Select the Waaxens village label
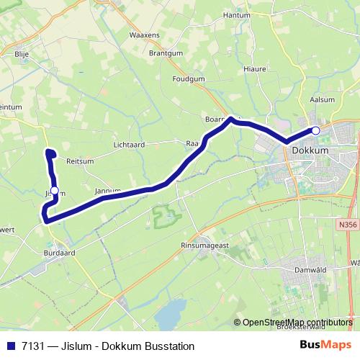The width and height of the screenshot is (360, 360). (x=143, y=35)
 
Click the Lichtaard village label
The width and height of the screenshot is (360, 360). (x=130, y=145)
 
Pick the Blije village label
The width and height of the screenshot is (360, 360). (x=21, y=53)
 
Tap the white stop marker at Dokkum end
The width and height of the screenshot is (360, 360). (x=315, y=130)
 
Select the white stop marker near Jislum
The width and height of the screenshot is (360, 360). (x=54, y=190)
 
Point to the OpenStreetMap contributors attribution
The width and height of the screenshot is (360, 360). (x=295, y=323)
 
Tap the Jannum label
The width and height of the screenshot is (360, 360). (x=107, y=191)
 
